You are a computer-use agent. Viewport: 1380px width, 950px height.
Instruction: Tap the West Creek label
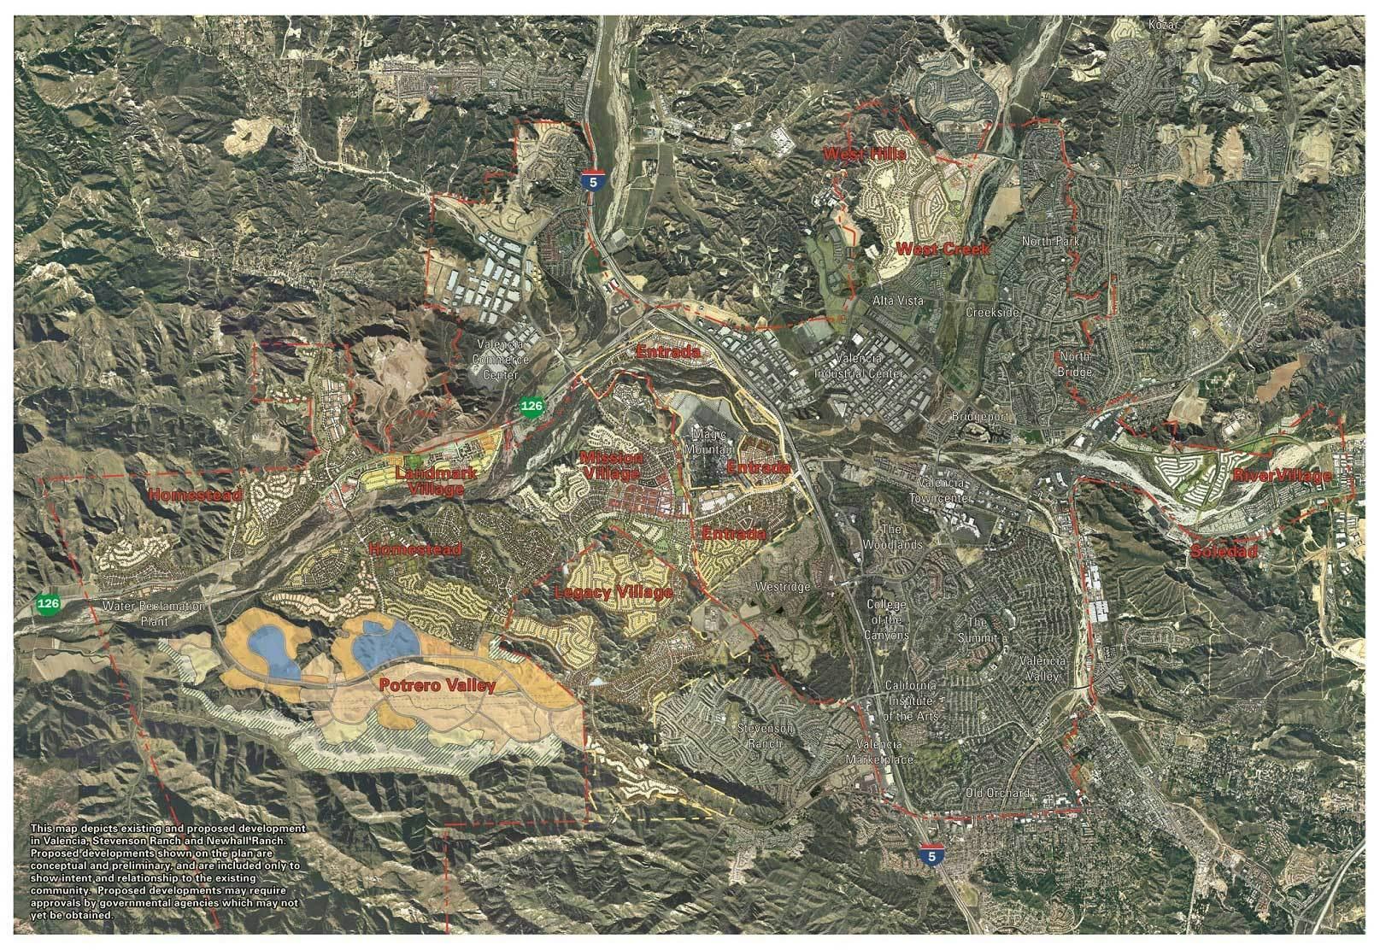point(943,249)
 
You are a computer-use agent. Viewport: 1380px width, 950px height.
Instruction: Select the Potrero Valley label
point(438,684)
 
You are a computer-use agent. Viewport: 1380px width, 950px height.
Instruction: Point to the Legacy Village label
point(613,592)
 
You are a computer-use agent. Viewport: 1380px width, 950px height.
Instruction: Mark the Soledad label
point(1224,552)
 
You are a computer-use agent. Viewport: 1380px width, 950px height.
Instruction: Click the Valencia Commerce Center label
point(502,360)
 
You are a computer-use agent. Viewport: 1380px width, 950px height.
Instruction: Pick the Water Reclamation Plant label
point(154,613)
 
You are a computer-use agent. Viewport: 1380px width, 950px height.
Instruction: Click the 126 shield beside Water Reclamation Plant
point(48,604)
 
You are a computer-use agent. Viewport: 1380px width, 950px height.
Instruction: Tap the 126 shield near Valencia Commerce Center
point(531,408)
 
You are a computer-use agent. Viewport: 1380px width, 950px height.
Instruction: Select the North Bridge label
point(1075,364)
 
